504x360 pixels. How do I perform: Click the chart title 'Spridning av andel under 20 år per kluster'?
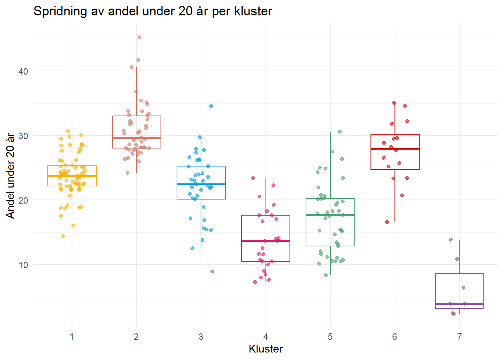coord(153,11)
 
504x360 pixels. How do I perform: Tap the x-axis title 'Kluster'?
coord(265,349)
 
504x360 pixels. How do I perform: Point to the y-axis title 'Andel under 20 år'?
coord(10,175)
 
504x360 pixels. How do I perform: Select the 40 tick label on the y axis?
coord(23,71)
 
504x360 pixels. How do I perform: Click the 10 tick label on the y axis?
coord(23,265)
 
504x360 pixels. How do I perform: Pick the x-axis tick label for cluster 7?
coord(459,337)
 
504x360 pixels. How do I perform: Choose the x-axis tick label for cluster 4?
coord(265,337)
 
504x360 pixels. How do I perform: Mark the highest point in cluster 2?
coord(139,37)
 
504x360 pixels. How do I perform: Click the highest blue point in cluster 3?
coord(211,106)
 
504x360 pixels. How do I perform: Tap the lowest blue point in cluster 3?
coord(212,271)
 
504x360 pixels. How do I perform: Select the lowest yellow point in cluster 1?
coord(63,236)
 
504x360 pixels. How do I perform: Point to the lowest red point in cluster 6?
coord(387,222)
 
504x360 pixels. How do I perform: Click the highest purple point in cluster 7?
coord(451,240)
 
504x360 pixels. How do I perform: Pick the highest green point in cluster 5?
coord(340,132)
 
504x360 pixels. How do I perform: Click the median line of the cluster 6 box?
coord(395,149)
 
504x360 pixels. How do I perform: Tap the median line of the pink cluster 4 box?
coord(265,241)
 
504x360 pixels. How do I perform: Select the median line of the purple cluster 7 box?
coord(459,304)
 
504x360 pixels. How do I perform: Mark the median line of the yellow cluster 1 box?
coord(72,176)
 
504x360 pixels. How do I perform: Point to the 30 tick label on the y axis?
coord(23,136)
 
